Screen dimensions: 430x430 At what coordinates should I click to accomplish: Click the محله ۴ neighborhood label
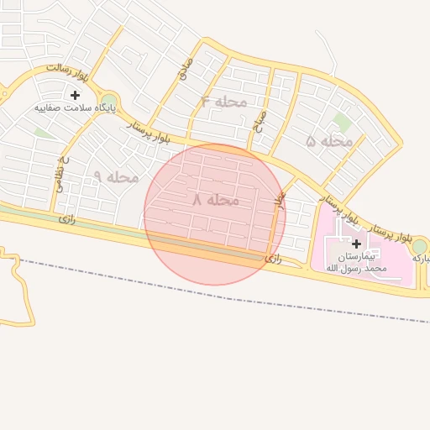(x=224, y=102)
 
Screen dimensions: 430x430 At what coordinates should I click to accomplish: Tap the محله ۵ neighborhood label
(x=329, y=141)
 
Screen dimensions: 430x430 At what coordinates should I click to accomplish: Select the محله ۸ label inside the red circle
(x=216, y=200)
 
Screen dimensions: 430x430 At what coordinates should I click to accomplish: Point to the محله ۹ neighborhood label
(x=116, y=177)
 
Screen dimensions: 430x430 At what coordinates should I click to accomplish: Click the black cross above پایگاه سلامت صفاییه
(x=76, y=95)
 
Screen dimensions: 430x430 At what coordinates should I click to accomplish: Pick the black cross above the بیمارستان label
(x=356, y=244)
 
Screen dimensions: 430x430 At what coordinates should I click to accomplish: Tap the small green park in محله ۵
(x=342, y=122)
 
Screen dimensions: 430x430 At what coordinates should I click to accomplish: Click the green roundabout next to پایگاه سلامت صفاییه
(x=109, y=102)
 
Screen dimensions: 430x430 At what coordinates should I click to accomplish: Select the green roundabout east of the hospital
(x=419, y=246)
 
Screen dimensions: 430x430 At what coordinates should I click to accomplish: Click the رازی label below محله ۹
(x=67, y=218)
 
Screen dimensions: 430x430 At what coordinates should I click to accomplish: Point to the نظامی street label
(x=61, y=172)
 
